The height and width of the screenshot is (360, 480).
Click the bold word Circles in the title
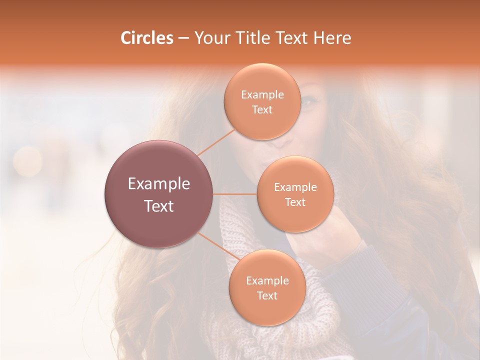pyautogui.click(x=146, y=38)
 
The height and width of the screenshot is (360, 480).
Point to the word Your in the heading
pyautogui.click(x=211, y=38)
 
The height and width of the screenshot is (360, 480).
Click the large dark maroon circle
pyautogui.click(x=158, y=194)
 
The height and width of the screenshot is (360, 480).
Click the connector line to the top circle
pyautogui.click(x=216, y=142)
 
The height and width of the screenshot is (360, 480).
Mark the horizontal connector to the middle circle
pyautogui.click(x=235, y=194)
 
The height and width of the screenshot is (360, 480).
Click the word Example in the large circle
pyautogui.click(x=158, y=184)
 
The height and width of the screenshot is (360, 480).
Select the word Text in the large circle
pyautogui.click(x=158, y=206)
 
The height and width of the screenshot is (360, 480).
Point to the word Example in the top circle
pyautogui.click(x=262, y=94)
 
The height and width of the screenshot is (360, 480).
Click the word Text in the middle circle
pyautogui.click(x=295, y=202)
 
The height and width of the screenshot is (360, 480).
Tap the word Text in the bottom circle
pyautogui.click(x=267, y=295)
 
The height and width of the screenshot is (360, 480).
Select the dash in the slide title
pyautogui.click(x=183, y=38)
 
